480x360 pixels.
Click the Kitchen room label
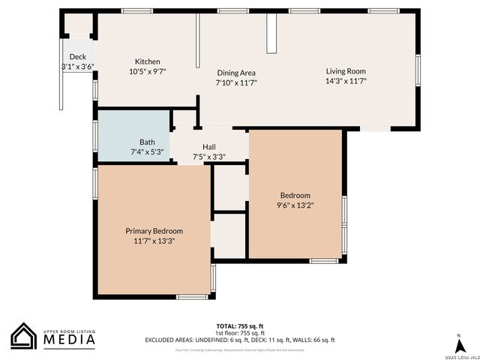[x=147, y=61]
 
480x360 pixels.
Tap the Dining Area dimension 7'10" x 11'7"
[x=236, y=82]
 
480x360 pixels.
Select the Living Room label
[x=345, y=71]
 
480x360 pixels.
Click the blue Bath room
[x=133, y=135]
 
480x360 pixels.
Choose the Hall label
[x=209, y=147]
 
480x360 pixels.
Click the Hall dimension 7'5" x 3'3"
[x=209, y=157]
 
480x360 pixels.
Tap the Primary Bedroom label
[x=154, y=231]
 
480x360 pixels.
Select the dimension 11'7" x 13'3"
[x=154, y=241]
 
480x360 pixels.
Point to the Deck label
[x=78, y=57]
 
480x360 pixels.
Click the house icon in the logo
[x=24, y=336]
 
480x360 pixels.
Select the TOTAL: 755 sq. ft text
[x=239, y=325]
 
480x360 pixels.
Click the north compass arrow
[x=457, y=343]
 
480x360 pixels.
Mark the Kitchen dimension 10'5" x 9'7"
[x=147, y=71]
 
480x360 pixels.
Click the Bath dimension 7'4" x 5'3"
[x=147, y=151]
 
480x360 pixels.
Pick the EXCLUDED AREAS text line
[x=239, y=340]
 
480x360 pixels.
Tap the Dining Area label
[x=236, y=73]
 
